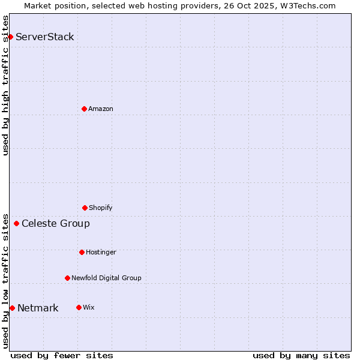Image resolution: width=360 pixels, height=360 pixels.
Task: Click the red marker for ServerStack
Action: click(x=10, y=37)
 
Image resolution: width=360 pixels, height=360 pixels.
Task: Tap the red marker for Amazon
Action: click(x=84, y=109)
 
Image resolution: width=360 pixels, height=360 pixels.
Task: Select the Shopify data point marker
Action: click(x=85, y=208)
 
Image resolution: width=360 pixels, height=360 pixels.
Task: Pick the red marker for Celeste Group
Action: click(x=16, y=224)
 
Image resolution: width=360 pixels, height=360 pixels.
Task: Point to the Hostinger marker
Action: click(x=82, y=252)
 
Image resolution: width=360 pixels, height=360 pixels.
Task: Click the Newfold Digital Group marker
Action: click(x=67, y=278)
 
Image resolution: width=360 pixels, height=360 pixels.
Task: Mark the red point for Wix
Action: click(x=79, y=307)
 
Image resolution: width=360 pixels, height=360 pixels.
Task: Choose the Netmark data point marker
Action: click(x=12, y=308)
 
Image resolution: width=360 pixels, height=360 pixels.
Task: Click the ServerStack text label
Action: click(x=45, y=37)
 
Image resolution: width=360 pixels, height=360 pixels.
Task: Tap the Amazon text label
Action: click(x=101, y=109)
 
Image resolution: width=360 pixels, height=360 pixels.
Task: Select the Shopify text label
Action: click(x=101, y=208)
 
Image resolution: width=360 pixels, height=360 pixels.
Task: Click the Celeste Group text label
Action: click(x=56, y=224)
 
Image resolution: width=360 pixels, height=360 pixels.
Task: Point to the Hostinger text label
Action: click(x=101, y=252)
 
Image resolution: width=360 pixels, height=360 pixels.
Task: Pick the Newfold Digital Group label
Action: click(x=106, y=278)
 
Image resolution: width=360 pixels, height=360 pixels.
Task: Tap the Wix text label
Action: click(x=89, y=307)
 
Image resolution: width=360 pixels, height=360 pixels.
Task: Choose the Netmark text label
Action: click(x=38, y=308)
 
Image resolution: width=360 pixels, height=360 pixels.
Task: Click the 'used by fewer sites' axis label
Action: click(x=62, y=355)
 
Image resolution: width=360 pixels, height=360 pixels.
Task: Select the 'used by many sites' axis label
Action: click(x=301, y=355)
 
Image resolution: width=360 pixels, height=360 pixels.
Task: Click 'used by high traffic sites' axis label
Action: click(x=5, y=85)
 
